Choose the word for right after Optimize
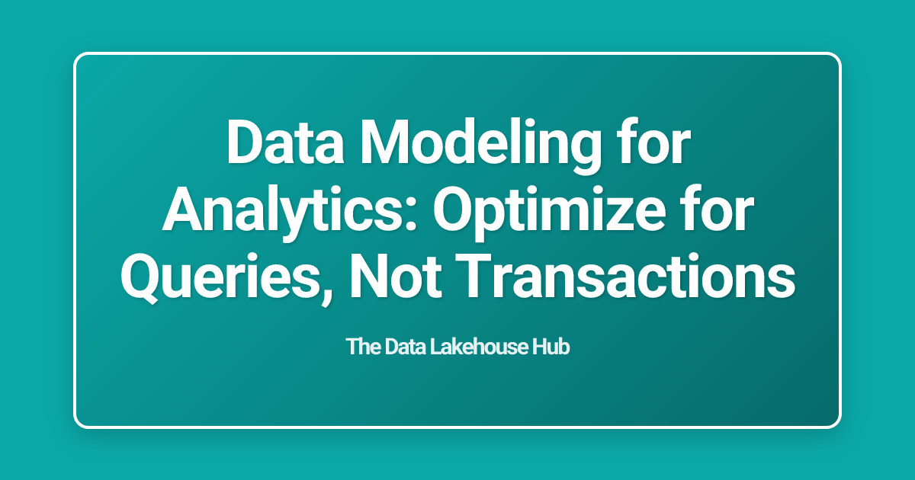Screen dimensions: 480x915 pos(717,212)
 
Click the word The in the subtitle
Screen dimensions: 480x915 pos(362,347)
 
